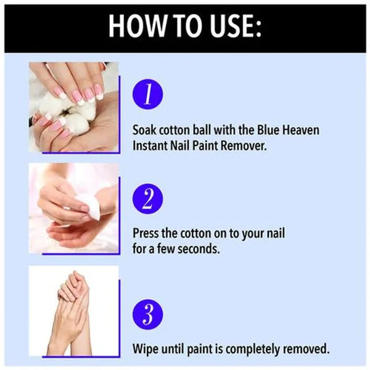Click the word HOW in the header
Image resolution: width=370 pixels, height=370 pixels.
pos(138,26)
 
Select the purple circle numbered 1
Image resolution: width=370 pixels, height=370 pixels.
pos(148,94)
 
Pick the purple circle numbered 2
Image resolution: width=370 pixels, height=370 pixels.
pos(148,199)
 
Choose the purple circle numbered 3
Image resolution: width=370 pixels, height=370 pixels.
pos(148,314)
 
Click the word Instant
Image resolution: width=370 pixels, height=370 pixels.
pos(150,146)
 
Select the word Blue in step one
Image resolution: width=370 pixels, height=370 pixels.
pos(268,130)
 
